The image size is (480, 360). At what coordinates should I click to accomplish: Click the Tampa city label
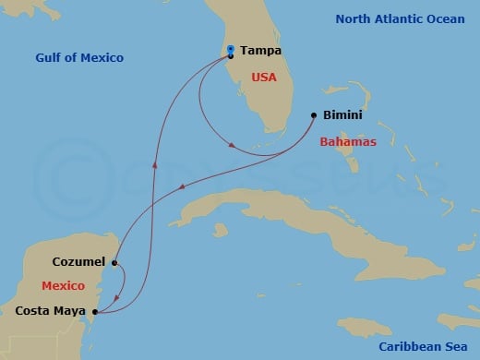tap(260, 52)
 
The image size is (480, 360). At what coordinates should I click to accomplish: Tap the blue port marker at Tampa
tap(230, 49)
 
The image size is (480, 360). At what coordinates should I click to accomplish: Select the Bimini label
tap(342, 117)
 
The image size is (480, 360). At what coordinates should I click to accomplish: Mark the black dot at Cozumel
tap(114, 263)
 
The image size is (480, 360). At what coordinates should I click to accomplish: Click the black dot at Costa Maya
tap(96, 311)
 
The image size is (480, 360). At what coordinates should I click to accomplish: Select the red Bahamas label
tap(348, 142)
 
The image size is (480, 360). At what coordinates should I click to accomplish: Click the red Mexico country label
tap(63, 286)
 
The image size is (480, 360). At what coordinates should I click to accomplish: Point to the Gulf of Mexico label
tap(79, 58)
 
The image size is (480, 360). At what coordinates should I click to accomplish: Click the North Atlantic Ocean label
tap(400, 18)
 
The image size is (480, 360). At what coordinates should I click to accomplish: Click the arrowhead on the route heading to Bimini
tap(234, 146)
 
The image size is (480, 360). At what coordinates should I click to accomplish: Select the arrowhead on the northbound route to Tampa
tap(155, 166)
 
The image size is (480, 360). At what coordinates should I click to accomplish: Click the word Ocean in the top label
tap(445, 18)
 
